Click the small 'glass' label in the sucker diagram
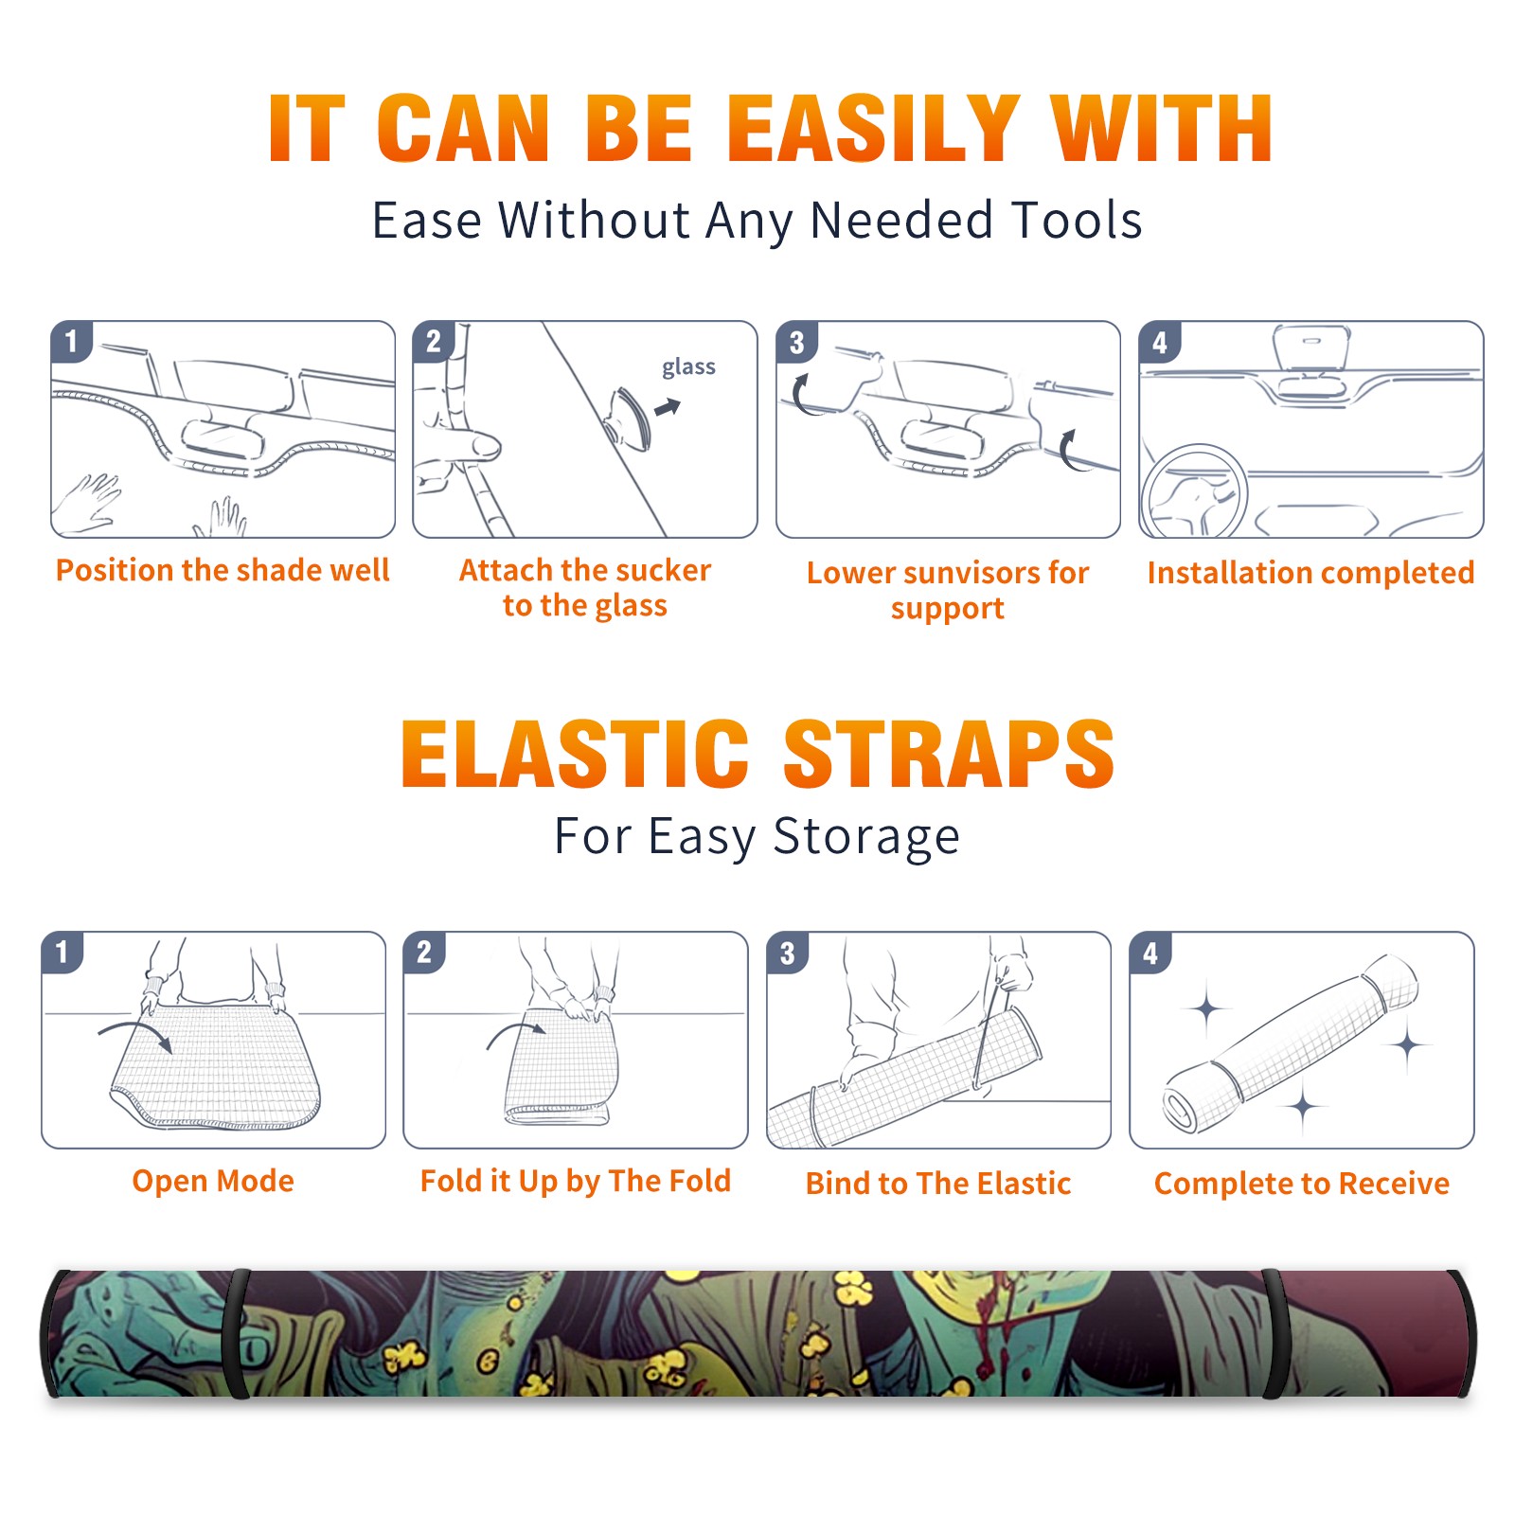688,367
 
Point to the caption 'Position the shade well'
223,570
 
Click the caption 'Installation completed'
1310,573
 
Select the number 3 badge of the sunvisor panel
796,343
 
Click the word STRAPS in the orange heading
949,754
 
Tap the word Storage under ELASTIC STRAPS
866,837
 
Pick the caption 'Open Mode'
213,1181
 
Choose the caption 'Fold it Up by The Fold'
576,1181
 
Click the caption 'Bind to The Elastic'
938,1184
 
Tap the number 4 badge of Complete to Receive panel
1150,953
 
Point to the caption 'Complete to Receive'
1302,1184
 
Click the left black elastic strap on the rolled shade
237,1333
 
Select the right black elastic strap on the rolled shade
1274,1333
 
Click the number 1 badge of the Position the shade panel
71,341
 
